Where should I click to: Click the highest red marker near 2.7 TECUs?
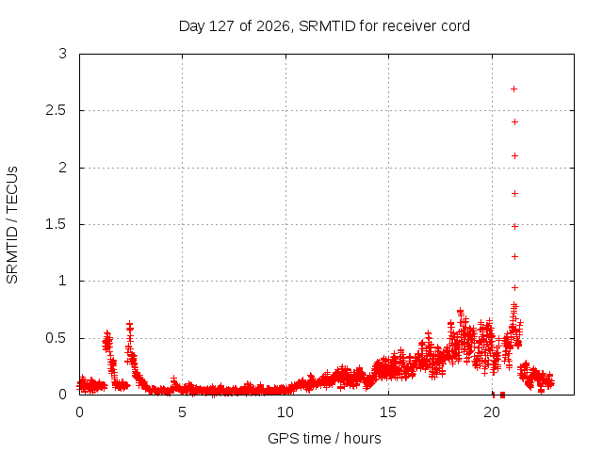click(513, 89)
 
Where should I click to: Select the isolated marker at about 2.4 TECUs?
click(514, 122)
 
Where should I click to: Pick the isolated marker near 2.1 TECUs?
click(514, 155)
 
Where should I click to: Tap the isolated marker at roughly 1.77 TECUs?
click(514, 193)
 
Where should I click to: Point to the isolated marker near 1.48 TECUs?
click(514, 226)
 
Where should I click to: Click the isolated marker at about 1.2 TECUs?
click(514, 256)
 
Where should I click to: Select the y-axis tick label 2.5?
click(57, 111)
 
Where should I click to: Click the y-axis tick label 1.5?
click(57, 224)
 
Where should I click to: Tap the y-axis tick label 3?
click(63, 54)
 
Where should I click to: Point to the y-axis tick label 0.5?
click(57, 338)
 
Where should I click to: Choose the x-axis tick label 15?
click(388, 412)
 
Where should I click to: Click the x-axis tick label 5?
click(182, 412)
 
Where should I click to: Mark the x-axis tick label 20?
click(492, 412)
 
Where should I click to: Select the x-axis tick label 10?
click(285, 412)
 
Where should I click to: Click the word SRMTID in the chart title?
click(327, 26)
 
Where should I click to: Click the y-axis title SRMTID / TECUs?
click(12, 225)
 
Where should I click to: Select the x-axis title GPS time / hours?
click(324, 438)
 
